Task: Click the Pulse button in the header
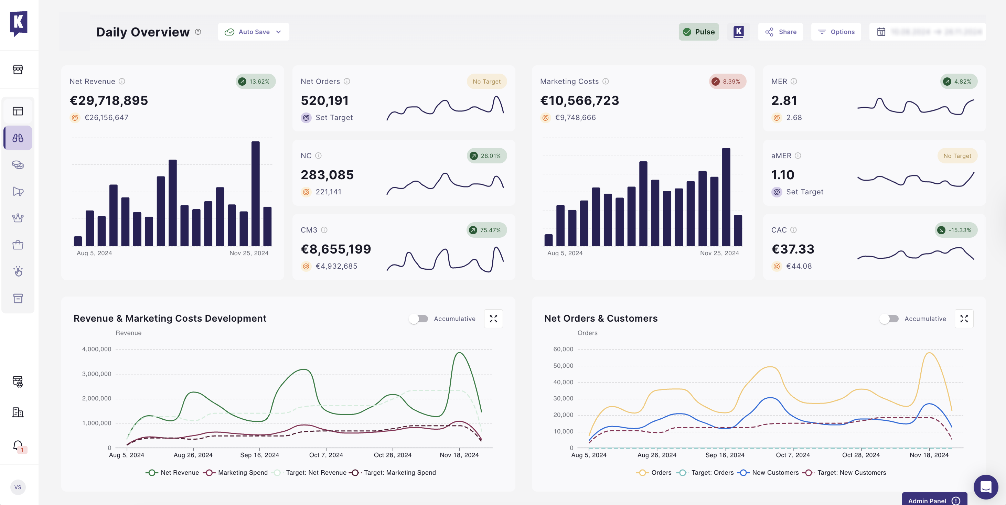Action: [x=699, y=32]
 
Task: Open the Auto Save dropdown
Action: [x=254, y=32]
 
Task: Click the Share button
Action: [x=780, y=32]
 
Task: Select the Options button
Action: [x=836, y=32]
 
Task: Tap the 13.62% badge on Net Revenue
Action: [x=255, y=81]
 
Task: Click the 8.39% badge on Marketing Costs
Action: [x=727, y=81]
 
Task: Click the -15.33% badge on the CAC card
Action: [x=956, y=230]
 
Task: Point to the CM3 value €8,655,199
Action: [x=335, y=249]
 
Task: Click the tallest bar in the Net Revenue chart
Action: [x=255, y=193]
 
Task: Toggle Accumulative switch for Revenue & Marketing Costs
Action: [x=418, y=319]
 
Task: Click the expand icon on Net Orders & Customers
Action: [x=964, y=319]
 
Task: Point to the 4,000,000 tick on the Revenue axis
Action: [x=96, y=349]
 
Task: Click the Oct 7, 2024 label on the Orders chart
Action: [x=792, y=455]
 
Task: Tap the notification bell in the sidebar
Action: [x=18, y=445]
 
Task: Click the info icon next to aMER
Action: [x=798, y=155]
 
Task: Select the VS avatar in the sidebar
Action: [x=18, y=487]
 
